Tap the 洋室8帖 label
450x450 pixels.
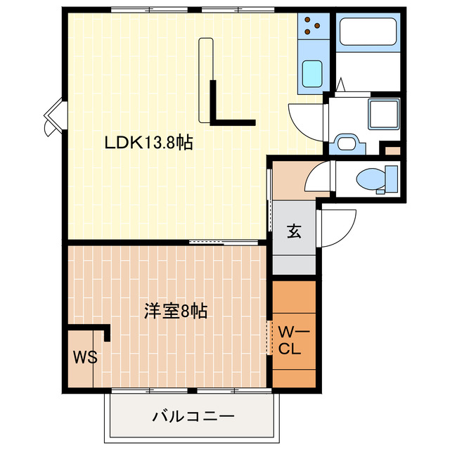pyautogui.click(x=176, y=311)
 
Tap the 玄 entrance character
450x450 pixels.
pyautogui.click(x=294, y=231)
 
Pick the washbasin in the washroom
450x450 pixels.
pyautogui.click(x=347, y=143)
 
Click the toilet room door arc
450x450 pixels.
pyautogui.click(x=319, y=176)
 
